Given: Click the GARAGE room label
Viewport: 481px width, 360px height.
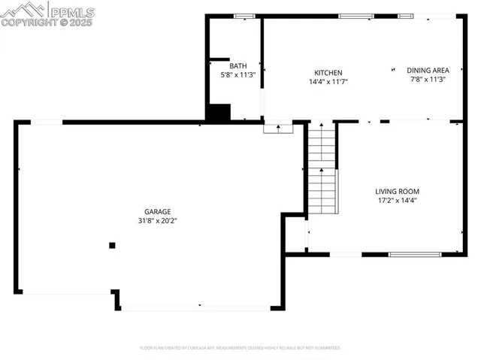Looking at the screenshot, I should [x=158, y=212].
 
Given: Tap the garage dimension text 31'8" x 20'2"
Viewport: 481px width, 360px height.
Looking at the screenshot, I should [x=158, y=221].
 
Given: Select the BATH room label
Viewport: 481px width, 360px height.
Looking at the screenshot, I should [x=238, y=66].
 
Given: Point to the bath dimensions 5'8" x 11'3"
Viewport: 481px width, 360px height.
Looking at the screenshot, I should [x=238, y=75].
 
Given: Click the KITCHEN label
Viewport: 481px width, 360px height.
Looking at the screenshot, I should [x=328, y=72].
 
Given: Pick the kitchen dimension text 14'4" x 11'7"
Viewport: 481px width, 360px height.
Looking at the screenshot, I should [x=328, y=81].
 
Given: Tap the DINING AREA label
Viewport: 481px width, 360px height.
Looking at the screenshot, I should [x=428, y=70].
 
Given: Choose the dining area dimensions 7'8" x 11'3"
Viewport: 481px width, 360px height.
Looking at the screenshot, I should [x=428, y=79].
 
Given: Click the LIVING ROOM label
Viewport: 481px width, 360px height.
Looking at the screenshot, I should [x=398, y=192].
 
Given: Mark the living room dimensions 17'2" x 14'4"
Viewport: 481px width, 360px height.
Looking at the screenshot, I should [x=398, y=201].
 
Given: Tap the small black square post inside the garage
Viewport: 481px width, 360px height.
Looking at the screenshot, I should [x=112, y=244].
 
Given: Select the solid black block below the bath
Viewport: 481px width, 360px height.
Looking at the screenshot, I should [x=218, y=113].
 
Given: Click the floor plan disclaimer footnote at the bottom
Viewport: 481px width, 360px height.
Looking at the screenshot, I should [x=240, y=348].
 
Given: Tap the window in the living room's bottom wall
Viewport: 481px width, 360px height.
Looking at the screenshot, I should [x=414, y=255].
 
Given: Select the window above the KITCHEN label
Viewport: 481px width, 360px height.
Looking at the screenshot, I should [x=355, y=16].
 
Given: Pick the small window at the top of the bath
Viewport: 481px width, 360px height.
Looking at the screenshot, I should [x=244, y=16].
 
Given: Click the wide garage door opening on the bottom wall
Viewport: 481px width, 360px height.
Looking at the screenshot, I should [x=197, y=307].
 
